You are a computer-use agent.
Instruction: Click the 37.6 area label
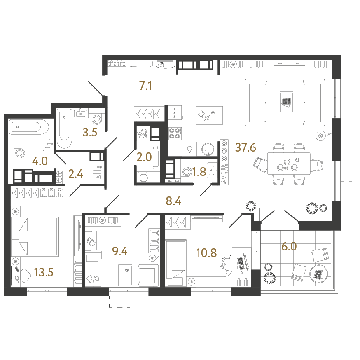[x=245, y=147]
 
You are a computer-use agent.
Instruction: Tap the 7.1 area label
[x=146, y=86]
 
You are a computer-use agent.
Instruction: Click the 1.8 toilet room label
[x=199, y=172]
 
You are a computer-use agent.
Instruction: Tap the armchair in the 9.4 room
[x=147, y=275]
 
